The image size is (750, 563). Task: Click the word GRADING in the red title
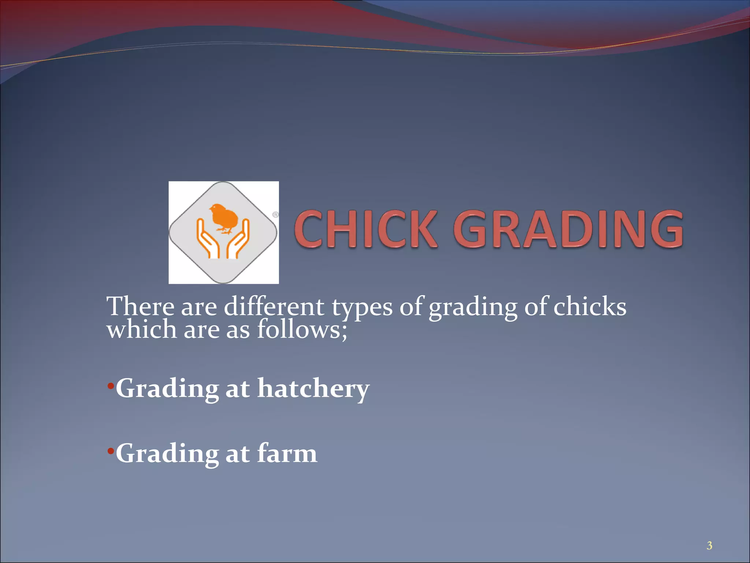tap(568, 229)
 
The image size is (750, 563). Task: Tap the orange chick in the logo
tap(224, 218)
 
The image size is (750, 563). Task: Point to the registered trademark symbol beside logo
tap(275, 215)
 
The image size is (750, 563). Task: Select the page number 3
tap(709, 546)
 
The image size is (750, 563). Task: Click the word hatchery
tap(313, 389)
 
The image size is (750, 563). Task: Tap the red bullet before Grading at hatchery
tap(111, 386)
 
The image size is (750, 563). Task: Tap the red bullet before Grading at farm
tap(111, 451)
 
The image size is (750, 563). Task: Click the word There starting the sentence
tap(140, 306)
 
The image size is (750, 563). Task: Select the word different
tap(274, 306)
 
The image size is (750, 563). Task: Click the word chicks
tap(590, 306)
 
